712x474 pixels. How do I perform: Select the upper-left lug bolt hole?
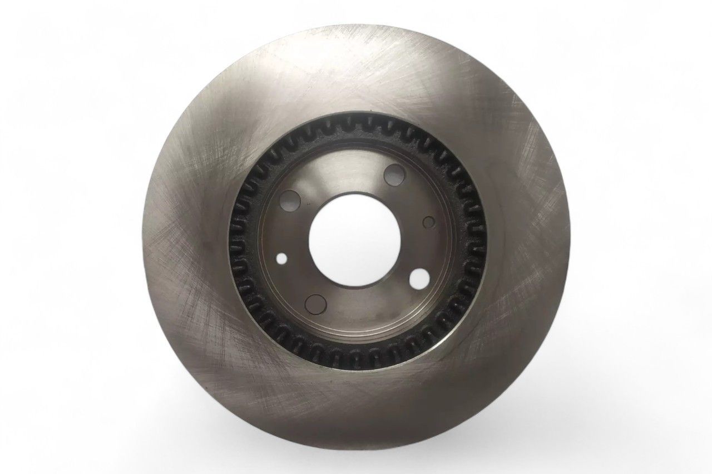291,200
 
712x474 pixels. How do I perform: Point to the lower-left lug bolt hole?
316,303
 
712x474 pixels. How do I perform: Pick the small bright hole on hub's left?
283,259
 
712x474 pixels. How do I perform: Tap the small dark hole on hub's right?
428,222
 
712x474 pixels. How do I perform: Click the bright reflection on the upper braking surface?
356,72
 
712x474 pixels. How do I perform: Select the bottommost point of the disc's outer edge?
356,442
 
